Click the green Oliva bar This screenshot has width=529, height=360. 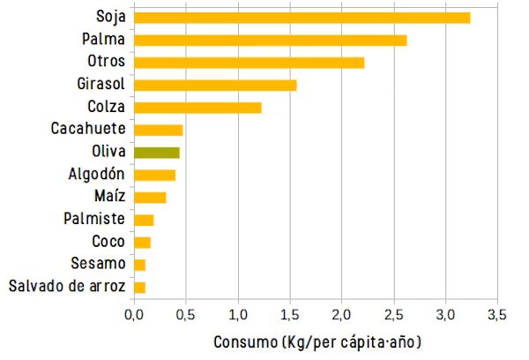point(157,153)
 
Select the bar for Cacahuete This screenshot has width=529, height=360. point(159,130)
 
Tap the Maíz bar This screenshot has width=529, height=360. point(150,198)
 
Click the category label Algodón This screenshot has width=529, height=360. point(97,174)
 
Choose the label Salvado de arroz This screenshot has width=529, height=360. point(67,286)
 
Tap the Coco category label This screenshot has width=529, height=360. point(108,242)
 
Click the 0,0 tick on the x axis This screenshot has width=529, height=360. point(134,314)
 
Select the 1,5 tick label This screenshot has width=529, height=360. point(289,314)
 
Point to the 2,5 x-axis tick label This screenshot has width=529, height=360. point(393,314)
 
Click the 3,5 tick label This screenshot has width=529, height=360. point(496,314)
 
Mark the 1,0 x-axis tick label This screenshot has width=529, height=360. point(238,314)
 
